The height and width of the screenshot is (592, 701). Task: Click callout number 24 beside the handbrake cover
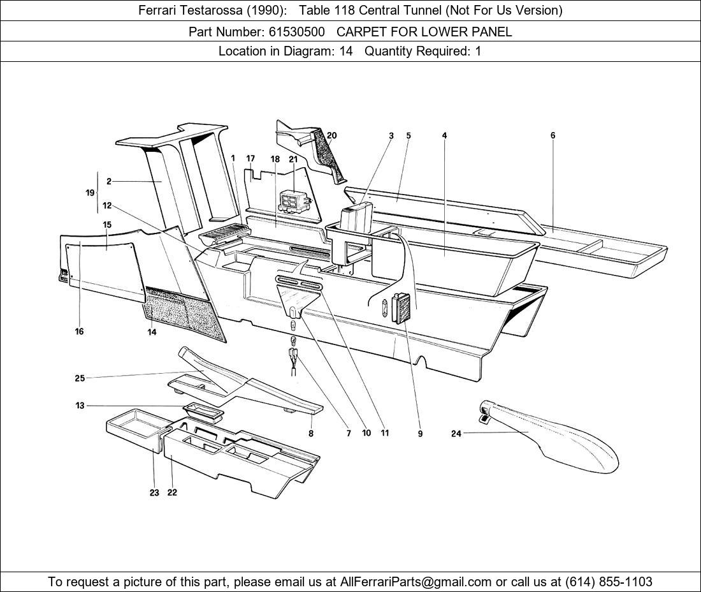click(x=456, y=433)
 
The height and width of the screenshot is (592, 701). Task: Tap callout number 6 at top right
click(x=553, y=135)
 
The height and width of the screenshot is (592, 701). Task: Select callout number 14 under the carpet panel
click(x=152, y=332)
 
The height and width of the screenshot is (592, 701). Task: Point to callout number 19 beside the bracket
click(x=90, y=193)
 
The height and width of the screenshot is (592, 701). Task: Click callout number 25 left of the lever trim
click(x=80, y=378)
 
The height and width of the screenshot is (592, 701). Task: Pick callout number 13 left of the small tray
click(x=80, y=406)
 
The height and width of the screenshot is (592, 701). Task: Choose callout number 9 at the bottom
click(x=420, y=433)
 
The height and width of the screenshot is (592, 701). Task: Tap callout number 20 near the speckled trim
click(x=332, y=135)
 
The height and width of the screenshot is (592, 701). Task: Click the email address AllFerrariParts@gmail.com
click(x=416, y=582)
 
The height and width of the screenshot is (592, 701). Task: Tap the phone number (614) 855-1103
click(x=609, y=582)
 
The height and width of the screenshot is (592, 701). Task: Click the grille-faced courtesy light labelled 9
click(x=401, y=308)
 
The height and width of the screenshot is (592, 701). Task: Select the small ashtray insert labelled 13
click(x=203, y=411)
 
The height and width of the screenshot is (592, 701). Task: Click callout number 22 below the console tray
click(x=172, y=492)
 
